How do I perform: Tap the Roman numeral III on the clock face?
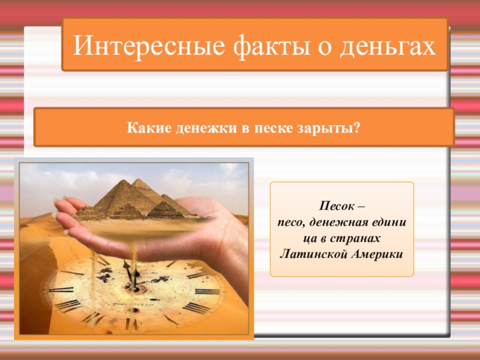click(x=206, y=291)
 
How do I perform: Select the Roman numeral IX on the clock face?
click(x=60, y=289)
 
